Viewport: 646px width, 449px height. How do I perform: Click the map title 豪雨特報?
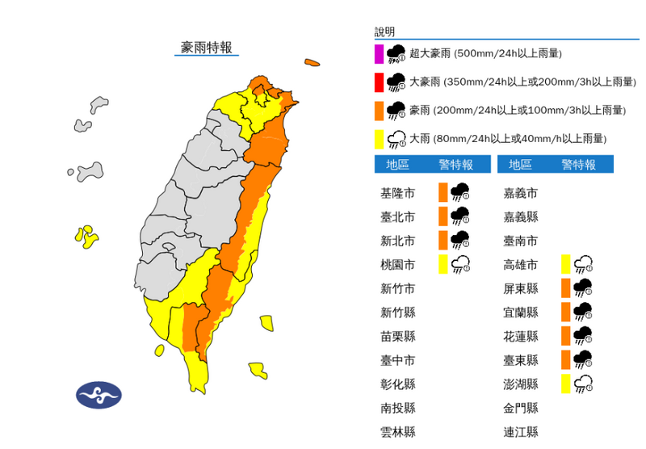click(x=207, y=48)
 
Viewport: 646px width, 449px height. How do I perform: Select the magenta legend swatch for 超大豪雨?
click(x=378, y=54)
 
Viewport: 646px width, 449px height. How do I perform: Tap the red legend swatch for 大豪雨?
click(x=378, y=82)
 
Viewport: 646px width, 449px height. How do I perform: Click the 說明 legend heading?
click(x=385, y=32)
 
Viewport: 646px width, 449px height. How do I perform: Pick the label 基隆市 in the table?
click(x=397, y=193)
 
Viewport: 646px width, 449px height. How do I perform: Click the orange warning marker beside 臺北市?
click(x=443, y=216)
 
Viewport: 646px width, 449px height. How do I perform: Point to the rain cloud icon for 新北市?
click(x=460, y=240)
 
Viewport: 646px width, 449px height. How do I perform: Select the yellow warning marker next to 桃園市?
click(x=443, y=264)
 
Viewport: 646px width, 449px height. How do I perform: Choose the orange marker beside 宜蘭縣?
click(x=566, y=312)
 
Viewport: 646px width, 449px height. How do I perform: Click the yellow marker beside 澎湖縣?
click(x=566, y=384)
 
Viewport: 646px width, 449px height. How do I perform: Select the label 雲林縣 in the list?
click(x=397, y=432)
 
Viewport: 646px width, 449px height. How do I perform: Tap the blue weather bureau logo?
click(x=99, y=395)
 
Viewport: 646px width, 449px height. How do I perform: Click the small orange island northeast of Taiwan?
click(x=312, y=62)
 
